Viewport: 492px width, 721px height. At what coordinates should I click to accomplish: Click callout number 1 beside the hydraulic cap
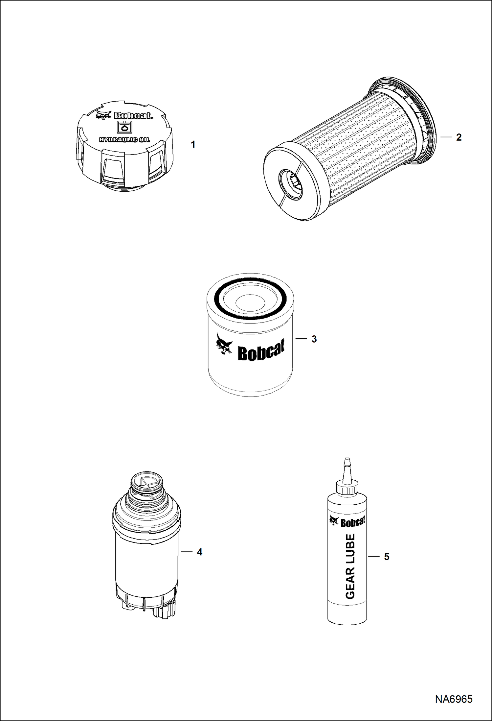coord(193,144)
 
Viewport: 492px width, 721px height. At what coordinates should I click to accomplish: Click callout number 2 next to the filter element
coord(458,137)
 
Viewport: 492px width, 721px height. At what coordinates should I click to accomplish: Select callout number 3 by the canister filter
coord(314,339)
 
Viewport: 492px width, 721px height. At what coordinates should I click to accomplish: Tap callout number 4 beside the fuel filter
coord(199,552)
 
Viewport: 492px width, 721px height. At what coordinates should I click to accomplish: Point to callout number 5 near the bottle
coord(387,557)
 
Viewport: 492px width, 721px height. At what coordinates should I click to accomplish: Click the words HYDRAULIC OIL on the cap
coord(124,140)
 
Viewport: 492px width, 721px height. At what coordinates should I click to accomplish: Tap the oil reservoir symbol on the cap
coord(124,127)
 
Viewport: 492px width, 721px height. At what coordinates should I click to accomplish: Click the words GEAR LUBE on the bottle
coord(350,566)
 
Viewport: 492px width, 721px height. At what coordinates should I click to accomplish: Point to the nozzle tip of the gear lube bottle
coord(345,459)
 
